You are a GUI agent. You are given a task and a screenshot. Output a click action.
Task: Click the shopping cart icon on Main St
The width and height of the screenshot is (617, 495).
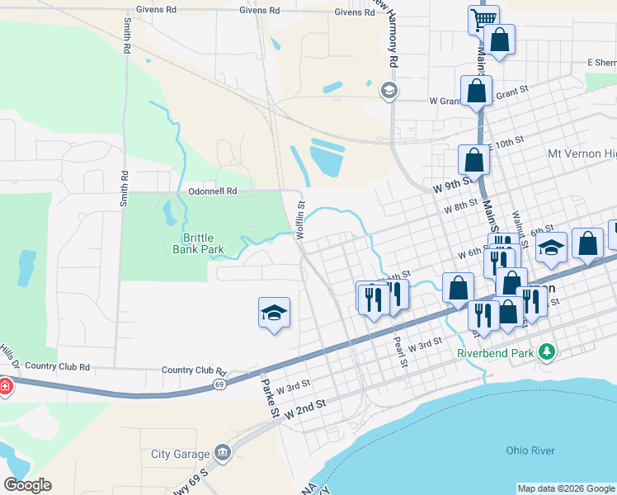click(483, 18)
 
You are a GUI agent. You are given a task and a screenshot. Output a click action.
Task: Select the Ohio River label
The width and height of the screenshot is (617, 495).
click(530, 450)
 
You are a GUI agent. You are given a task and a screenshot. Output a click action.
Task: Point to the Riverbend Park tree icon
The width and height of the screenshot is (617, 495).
click(545, 352)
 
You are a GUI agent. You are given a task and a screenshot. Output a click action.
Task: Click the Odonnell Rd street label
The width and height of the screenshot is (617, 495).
click(213, 191)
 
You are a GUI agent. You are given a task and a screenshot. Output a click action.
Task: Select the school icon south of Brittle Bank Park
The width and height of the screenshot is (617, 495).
click(274, 313)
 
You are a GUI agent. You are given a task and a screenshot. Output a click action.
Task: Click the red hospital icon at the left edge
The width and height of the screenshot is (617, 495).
click(4, 386)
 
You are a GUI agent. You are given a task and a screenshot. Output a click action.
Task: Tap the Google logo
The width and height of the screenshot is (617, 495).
click(27, 485)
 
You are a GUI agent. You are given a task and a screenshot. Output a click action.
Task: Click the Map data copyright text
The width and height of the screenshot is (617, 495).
click(565, 488)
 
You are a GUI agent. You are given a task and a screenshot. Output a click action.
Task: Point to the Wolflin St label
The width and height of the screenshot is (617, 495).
click(301, 220)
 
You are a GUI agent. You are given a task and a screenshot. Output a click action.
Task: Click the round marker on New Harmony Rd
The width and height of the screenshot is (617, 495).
click(389, 91)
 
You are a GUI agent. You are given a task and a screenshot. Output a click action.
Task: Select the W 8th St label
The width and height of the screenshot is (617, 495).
click(460, 205)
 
